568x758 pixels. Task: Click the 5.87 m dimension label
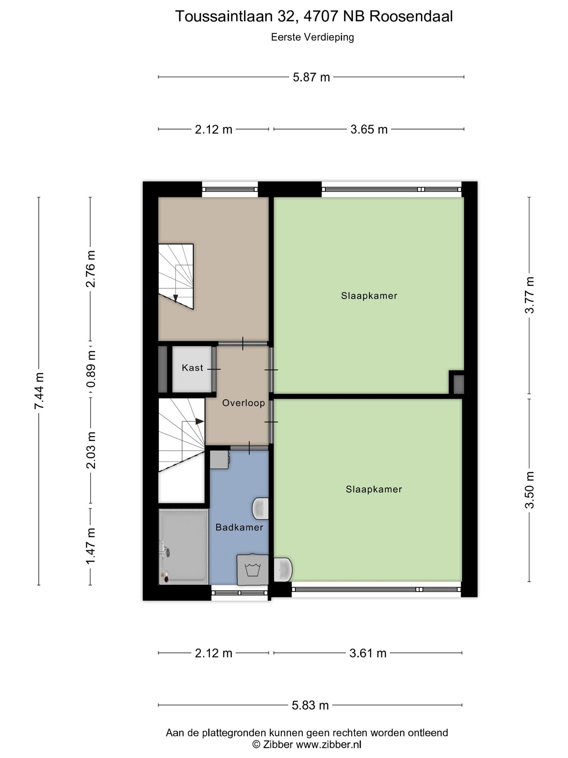tap(311, 77)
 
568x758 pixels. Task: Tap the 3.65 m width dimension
tap(369, 130)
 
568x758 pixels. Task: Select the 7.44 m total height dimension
tap(39, 391)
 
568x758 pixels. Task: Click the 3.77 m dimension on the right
tap(530, 295)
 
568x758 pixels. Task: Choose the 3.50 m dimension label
tap(530, 490)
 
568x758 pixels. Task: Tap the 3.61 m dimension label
tap(368, 653)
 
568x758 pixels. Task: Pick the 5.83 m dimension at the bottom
tap(310, 705)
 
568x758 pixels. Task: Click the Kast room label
tap(193, 368)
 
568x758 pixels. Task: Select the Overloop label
tap(244, 403)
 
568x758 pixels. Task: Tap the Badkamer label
tap(239, 527)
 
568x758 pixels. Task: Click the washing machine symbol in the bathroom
tap(253, 570)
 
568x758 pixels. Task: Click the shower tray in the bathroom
tap(183, 547)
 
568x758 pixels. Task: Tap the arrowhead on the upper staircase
tap(176, 298)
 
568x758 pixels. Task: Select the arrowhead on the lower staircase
tap(200, 421)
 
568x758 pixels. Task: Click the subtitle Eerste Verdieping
tap(312, 37)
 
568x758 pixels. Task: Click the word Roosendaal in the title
tap(411, 17)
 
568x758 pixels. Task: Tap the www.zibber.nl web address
tap(328, 744)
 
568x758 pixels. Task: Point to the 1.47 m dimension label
tap(91, 547)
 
